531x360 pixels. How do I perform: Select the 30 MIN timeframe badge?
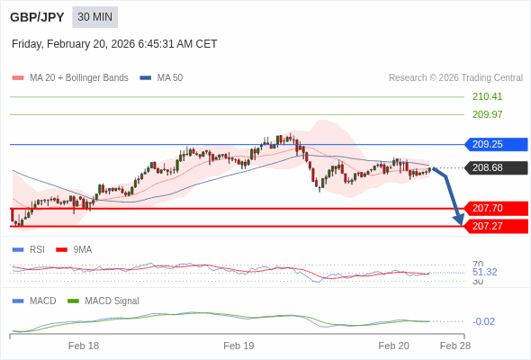click(94, 17)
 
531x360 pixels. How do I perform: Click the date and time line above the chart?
click(114, 44)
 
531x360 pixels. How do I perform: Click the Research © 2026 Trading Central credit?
click(455, 78)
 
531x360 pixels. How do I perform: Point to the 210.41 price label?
click(487, 96)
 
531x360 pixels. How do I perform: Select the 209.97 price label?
click(487, 114)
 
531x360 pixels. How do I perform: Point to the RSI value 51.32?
click(484, 272)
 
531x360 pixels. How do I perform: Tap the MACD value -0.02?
click(483, 321)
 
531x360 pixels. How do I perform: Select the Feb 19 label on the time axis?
click(238, 346)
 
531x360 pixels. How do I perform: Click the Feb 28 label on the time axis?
click(454, 346)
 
